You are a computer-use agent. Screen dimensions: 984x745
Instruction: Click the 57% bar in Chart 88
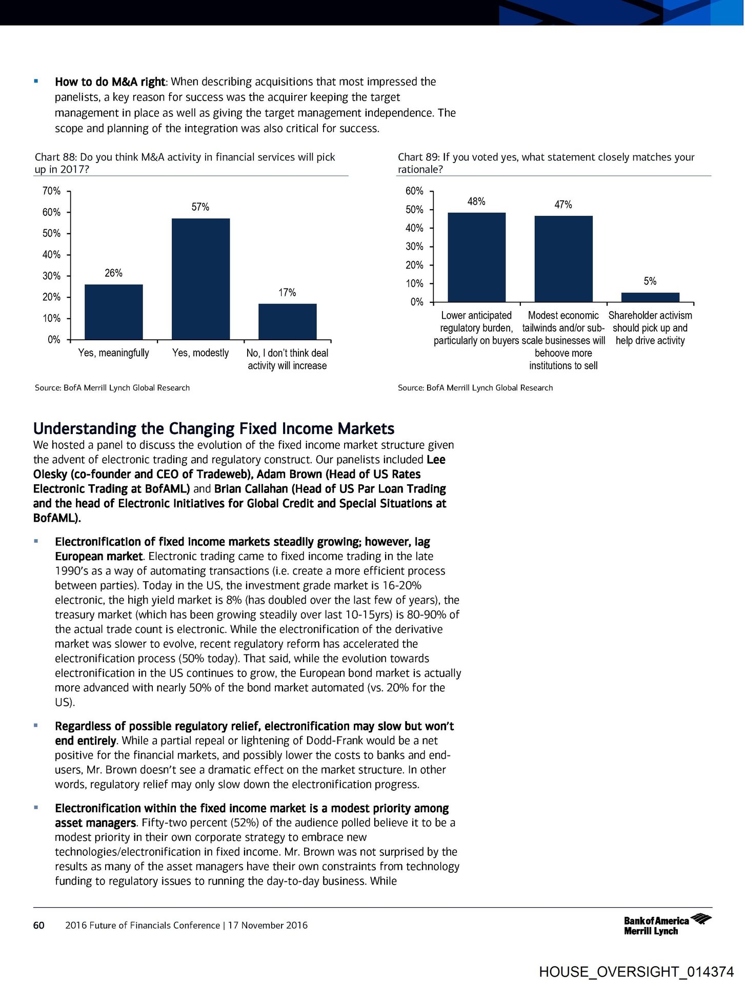(200, 279)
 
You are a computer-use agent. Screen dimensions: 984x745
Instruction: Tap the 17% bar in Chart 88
(287, 321)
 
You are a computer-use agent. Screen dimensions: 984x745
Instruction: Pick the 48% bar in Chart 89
(476, 257)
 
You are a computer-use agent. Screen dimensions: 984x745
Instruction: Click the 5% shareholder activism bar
(650, 297)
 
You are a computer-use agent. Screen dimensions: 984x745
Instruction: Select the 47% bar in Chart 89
(563, 258)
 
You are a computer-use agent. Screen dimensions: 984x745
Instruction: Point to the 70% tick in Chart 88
(51, 191)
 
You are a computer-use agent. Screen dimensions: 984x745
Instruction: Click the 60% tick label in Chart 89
(414, 191)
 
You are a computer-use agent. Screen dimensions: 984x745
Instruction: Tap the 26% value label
(113, 273)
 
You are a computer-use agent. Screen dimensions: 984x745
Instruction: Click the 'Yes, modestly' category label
(200, 353)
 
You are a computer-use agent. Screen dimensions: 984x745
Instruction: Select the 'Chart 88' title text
(185, 163)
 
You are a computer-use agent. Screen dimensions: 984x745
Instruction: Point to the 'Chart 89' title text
(546, 163)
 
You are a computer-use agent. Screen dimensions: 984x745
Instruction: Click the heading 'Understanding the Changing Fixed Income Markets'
(214, 428)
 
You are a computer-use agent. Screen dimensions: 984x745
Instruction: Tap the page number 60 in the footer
(38, 925)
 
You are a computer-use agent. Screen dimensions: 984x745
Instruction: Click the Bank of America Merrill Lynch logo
(667, 925)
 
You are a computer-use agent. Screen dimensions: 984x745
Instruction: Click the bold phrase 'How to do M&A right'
(110, 82)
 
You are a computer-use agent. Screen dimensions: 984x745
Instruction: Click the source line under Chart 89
(475, 388)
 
